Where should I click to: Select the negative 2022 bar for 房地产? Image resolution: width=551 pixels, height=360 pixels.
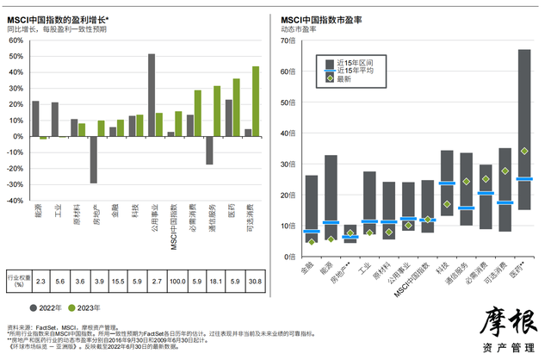pos(93,159)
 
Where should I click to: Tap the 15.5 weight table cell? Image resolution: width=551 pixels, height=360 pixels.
pos(117,281)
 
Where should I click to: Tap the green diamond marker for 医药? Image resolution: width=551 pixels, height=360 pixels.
pos(524,151)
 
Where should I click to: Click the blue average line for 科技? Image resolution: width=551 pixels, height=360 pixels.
pos(447,183)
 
